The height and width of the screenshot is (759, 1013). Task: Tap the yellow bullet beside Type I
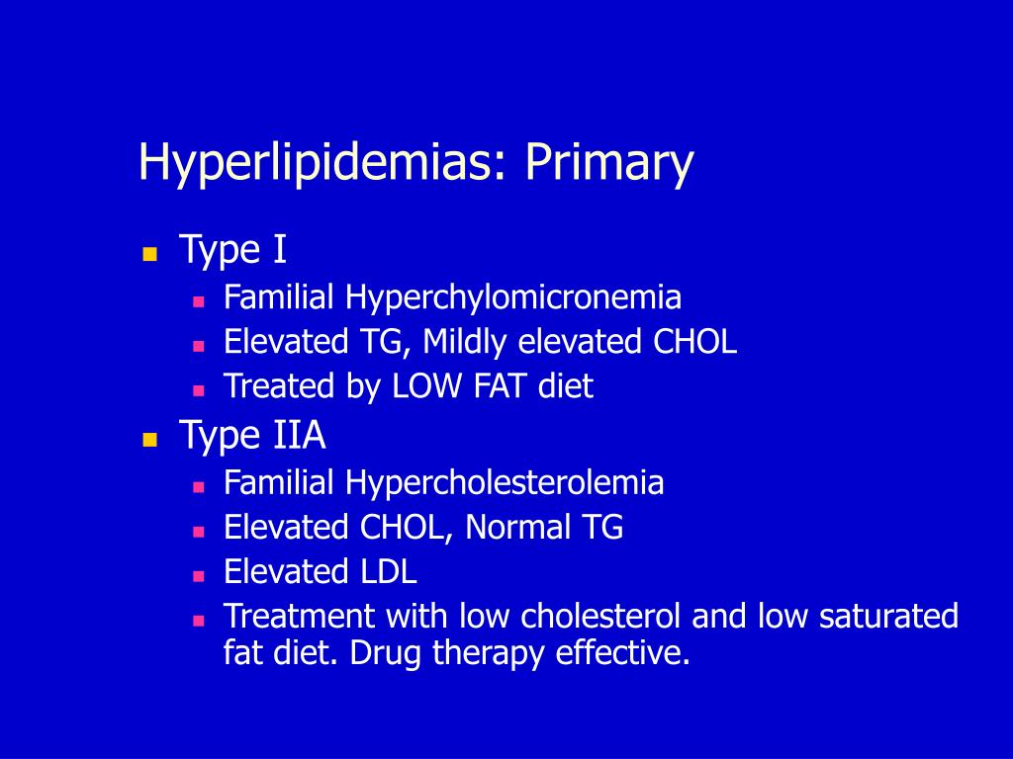tap(150, 253)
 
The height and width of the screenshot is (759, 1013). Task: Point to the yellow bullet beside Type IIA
tap(150, 439)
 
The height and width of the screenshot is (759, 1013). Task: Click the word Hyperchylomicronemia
tap(513, 297)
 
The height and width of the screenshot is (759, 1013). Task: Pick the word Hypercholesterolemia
tap(505, 483)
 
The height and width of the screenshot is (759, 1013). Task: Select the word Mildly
tap(465, 342)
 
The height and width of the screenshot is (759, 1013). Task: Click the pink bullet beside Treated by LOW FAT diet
tap(198, 388)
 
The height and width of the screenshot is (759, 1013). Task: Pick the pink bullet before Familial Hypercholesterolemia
tap(198, 486)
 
